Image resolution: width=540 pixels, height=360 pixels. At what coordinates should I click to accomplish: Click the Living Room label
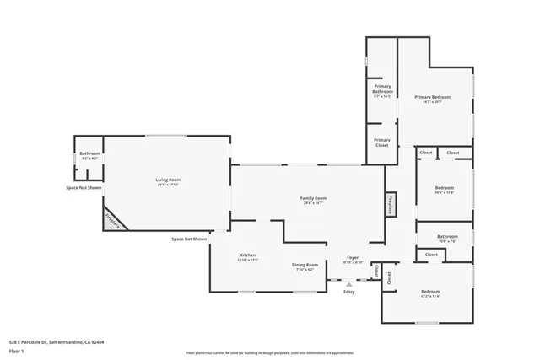coord(168,180)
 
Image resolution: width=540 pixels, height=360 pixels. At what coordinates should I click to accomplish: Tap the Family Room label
coord(313,199)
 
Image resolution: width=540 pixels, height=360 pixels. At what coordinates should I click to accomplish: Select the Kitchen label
coord(248,255)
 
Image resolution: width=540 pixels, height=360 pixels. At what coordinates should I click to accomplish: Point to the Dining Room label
coord(305,266)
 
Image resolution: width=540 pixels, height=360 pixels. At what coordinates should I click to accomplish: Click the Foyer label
coord(352,258)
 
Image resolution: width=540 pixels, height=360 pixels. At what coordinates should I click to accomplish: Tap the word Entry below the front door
coord(348,293)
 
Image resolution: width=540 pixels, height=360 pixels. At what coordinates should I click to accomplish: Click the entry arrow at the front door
coord(348,285)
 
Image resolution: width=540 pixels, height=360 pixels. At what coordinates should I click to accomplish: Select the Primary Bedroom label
coord(432,98)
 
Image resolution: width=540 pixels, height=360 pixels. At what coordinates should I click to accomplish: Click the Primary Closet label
coord(382,142)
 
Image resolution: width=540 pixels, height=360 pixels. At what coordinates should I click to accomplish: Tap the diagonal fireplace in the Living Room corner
coord(114,218)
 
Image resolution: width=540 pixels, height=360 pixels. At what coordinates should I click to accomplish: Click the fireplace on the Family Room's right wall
coord(391,204)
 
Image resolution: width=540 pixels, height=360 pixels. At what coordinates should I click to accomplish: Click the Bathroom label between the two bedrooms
coord(447,237)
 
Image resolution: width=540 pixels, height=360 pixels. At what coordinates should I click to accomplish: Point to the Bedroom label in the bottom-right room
coord(430,292)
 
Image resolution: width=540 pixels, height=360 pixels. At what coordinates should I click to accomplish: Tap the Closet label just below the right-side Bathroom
coord(431,254)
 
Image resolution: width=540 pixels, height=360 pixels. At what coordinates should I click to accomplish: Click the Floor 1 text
coord(17,351)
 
